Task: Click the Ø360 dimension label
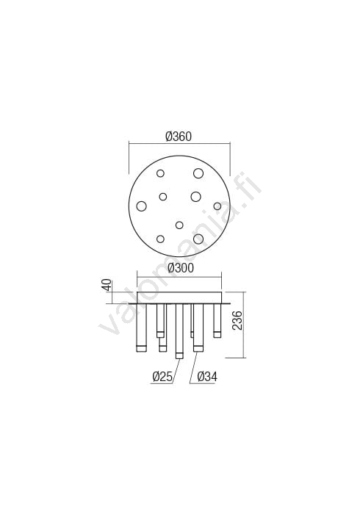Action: point(179,136)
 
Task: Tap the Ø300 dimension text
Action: point(181,268)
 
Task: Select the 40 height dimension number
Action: point(107,285)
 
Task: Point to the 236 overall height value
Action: point(237,321)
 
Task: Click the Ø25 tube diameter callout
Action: point(162,377)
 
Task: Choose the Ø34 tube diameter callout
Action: point(207,377)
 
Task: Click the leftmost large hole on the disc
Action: point(142,206)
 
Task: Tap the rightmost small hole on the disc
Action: point(217,206)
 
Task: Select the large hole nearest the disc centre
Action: point(195,196)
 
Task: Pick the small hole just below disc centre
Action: point(179,225)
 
